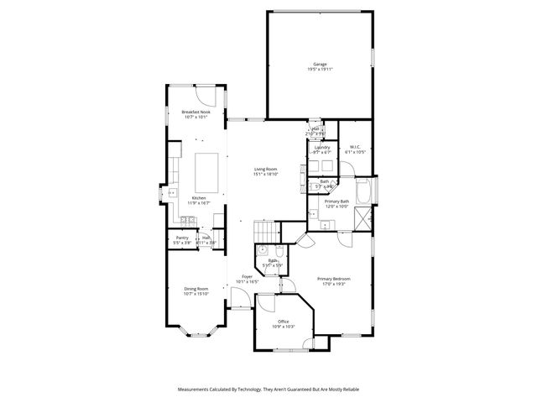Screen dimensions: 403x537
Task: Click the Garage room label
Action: click(320, 63)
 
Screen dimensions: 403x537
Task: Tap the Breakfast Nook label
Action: click(195, 112)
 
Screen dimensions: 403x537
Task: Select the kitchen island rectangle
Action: click(207, 172)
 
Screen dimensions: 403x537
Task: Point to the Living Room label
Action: click(266, 170)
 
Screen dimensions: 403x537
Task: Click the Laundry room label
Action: click(322, 148)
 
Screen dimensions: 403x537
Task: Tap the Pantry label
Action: click(182, 238)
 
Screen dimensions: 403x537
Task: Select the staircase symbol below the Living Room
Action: click(265, 230)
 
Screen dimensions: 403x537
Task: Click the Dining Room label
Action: click(196, 290)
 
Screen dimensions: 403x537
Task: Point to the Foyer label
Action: click(248, 276)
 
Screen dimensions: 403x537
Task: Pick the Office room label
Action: click(283, 322)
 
